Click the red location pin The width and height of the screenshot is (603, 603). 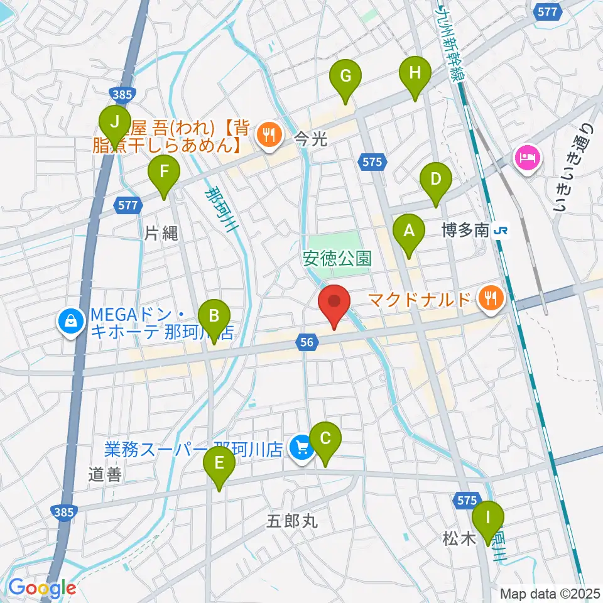[x=334, y=305]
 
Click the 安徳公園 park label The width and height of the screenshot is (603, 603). [x=337, y=258]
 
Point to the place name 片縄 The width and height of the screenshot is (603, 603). [x=161, y=234]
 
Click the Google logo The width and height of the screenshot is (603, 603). [x=42, y=588]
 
